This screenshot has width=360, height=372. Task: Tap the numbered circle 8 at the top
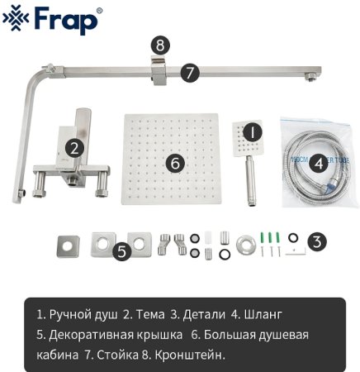[x=161, y=45]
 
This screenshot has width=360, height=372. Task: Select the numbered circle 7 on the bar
[x=190, y=73]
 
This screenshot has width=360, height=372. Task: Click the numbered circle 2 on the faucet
[x=74, y=149]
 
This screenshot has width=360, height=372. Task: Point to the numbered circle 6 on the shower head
[x=174, y=163]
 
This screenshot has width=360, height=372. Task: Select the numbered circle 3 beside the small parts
[x=318, y=242]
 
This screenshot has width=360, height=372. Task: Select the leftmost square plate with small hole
[x=64, y=245]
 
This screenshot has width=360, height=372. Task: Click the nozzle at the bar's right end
[x=310, y=78]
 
